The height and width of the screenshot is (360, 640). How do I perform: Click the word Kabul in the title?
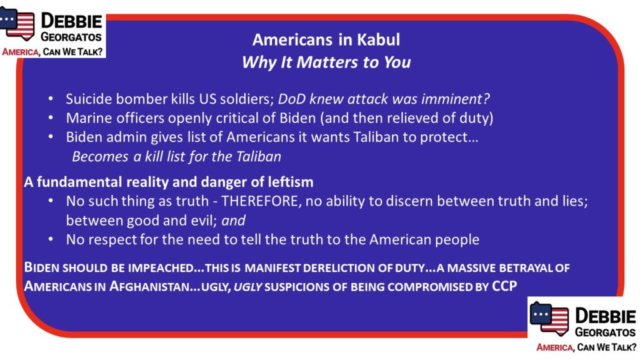(378, 39)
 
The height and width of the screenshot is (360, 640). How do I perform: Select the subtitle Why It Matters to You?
(326, 62)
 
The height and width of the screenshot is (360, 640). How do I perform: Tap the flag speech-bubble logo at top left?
(17, 24)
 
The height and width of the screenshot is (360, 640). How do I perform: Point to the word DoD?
(291, 99)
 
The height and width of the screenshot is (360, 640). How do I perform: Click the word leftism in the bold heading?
(291, 182)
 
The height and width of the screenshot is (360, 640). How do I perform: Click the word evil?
(204, 221)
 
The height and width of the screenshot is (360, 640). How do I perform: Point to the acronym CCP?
(504, 285)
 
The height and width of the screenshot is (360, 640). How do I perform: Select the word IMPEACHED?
(161, 267)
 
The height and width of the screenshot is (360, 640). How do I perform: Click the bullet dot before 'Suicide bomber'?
(51, 99)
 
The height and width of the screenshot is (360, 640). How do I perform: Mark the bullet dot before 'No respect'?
(51, 239)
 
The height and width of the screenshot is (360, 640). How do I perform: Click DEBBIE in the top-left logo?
(71, 21)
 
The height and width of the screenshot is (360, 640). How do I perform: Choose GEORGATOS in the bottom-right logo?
(605, 332)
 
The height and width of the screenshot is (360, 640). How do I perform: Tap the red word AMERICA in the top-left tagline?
(21, 52)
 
